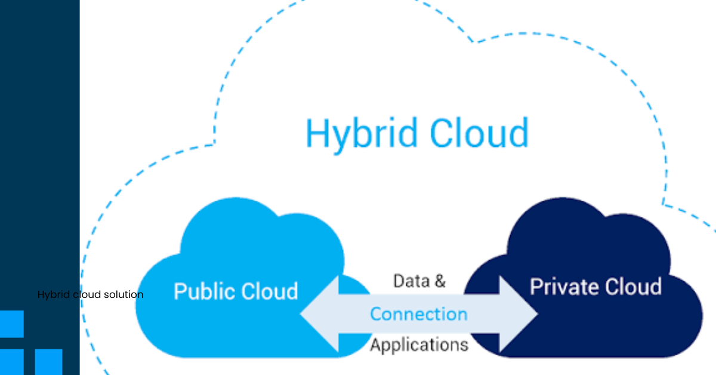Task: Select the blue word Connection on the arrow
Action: pos(418,313)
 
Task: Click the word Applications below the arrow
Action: pos(418,345)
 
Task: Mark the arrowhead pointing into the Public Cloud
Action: pos(319,313)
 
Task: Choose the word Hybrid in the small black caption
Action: pos(50,295)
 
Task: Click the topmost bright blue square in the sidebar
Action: pos(11,324)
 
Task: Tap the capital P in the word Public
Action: pos(178,291)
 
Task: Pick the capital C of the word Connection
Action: pos(376,313)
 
